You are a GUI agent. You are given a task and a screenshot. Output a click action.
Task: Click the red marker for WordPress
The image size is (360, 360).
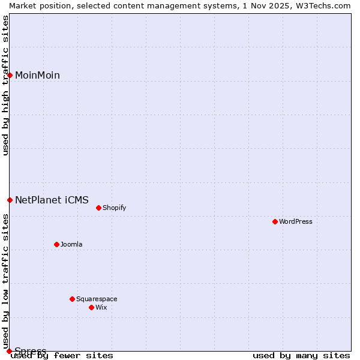[275, 221]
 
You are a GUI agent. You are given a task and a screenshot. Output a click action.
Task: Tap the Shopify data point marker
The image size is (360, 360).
[99, 208]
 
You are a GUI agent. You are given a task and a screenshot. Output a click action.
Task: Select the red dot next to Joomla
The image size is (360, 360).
[57, 244]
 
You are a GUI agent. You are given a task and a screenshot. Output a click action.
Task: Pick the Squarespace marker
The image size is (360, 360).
[73, 299]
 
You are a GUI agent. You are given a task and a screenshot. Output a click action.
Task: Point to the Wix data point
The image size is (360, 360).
[92, 307]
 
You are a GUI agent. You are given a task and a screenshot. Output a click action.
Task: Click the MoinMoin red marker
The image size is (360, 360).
[10, 75]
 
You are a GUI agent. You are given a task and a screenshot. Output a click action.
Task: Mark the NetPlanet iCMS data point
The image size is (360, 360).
[10, 200]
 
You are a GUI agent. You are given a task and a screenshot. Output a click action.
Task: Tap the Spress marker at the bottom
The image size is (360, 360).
[10, 351]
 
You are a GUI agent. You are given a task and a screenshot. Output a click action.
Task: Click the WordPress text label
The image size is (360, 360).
[296, 221]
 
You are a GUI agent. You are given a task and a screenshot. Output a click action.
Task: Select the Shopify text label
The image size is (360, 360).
[114, 208]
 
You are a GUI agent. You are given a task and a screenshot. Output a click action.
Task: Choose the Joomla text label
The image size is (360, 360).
[71, 244]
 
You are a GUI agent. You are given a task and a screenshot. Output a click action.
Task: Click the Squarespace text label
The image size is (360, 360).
[97, 299]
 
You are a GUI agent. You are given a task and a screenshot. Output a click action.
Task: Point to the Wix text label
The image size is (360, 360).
[101, 307]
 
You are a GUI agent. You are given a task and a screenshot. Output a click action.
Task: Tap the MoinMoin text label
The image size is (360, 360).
[37, 75]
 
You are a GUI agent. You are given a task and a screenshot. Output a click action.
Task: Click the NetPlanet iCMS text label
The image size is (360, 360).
[52, 200]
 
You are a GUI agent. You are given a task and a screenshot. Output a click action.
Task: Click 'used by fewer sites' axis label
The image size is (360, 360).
[62, 356]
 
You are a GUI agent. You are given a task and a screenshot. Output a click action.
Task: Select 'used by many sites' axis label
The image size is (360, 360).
[301, 356]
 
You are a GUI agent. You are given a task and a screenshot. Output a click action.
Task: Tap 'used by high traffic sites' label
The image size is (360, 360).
[6, 85]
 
